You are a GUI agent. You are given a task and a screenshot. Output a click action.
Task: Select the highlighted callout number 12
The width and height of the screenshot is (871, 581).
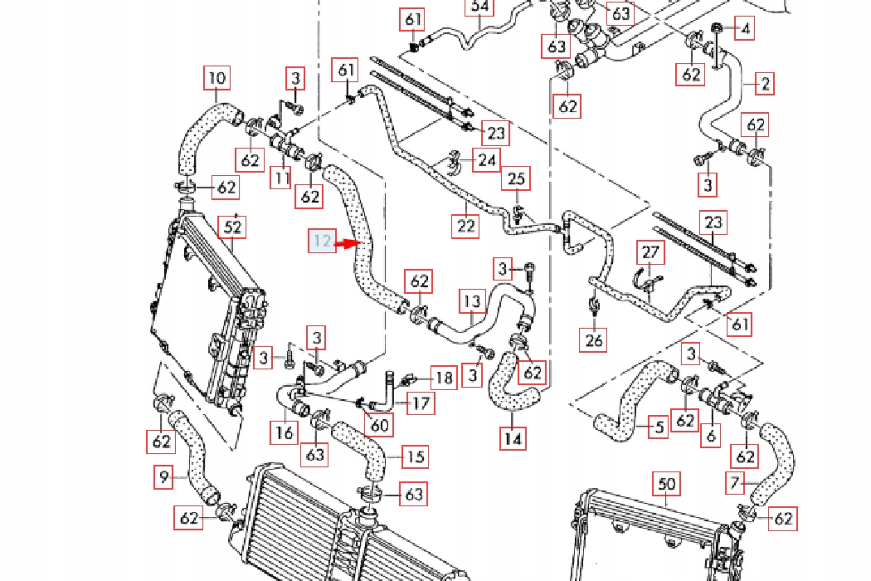pos(323,242)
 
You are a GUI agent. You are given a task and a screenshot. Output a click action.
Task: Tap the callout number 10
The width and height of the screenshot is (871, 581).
pos(217,79)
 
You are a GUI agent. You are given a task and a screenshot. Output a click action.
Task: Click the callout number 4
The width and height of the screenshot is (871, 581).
pos(746,30)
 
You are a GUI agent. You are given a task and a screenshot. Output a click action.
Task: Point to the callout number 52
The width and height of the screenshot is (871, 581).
pos(233,227)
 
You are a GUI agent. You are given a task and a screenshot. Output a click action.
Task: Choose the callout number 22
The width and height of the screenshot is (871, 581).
pos(466,225)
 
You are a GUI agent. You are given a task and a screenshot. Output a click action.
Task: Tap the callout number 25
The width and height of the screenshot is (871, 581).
pos(517,178)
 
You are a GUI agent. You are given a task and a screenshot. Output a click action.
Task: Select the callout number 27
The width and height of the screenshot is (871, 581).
pos(650,252)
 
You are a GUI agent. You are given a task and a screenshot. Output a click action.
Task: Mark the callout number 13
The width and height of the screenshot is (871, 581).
pos(471,301)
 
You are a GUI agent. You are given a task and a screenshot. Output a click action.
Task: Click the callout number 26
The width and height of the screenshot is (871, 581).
pos(595,339)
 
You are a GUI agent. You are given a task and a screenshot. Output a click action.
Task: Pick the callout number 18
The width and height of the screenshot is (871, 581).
pos(445,378)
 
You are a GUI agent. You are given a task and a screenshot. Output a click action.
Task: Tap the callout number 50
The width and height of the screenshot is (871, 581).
pos(668,484)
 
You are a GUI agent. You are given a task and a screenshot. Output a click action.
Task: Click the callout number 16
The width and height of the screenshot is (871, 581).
pos(285,432)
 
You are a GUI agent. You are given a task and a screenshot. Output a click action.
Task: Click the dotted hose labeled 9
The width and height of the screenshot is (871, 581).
pos(191,452)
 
